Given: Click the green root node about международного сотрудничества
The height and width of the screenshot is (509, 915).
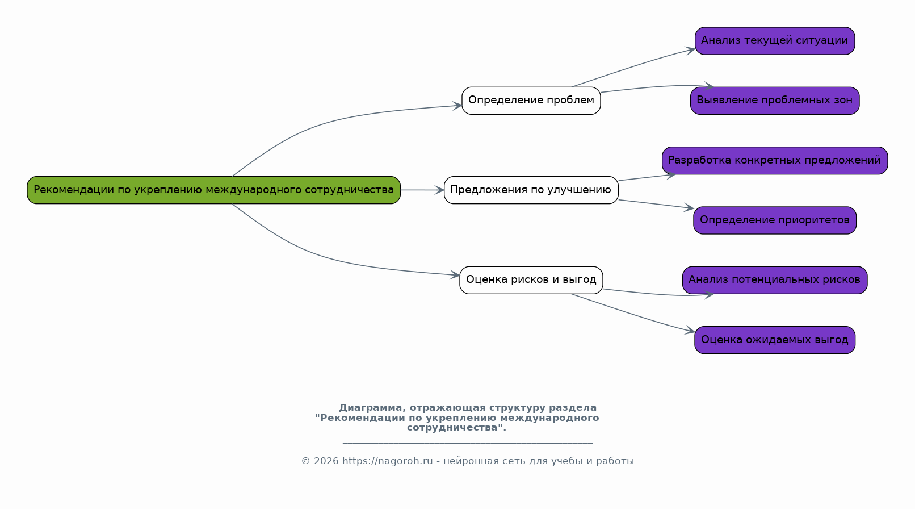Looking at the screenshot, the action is point(213,190).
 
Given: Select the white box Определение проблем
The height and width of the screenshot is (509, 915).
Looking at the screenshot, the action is point(531,101).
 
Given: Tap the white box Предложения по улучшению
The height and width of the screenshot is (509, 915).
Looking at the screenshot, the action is point(531,190).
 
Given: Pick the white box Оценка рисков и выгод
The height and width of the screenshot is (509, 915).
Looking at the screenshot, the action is point(531,280).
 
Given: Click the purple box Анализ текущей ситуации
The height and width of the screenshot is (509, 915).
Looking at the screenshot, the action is point(775,41).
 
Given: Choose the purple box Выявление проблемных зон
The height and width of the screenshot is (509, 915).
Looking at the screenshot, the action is point(775,101).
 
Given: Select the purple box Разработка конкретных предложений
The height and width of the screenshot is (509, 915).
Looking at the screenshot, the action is point(775,161).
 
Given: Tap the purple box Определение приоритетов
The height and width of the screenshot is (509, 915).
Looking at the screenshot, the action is point(775,220).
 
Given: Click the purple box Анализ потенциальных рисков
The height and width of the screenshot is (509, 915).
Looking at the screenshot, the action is point(775,280).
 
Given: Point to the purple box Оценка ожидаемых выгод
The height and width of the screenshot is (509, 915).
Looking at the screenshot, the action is point(775,340).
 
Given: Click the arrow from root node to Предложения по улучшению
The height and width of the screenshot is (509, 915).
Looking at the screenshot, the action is point(422,190).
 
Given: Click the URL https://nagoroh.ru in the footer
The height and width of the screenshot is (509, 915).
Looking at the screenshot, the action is point(387,461).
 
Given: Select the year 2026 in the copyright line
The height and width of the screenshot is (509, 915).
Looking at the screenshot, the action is point(326,461).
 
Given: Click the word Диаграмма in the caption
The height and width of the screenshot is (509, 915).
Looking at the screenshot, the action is point(371,408).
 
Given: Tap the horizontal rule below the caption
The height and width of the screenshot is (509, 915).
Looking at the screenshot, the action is point(468,443).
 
